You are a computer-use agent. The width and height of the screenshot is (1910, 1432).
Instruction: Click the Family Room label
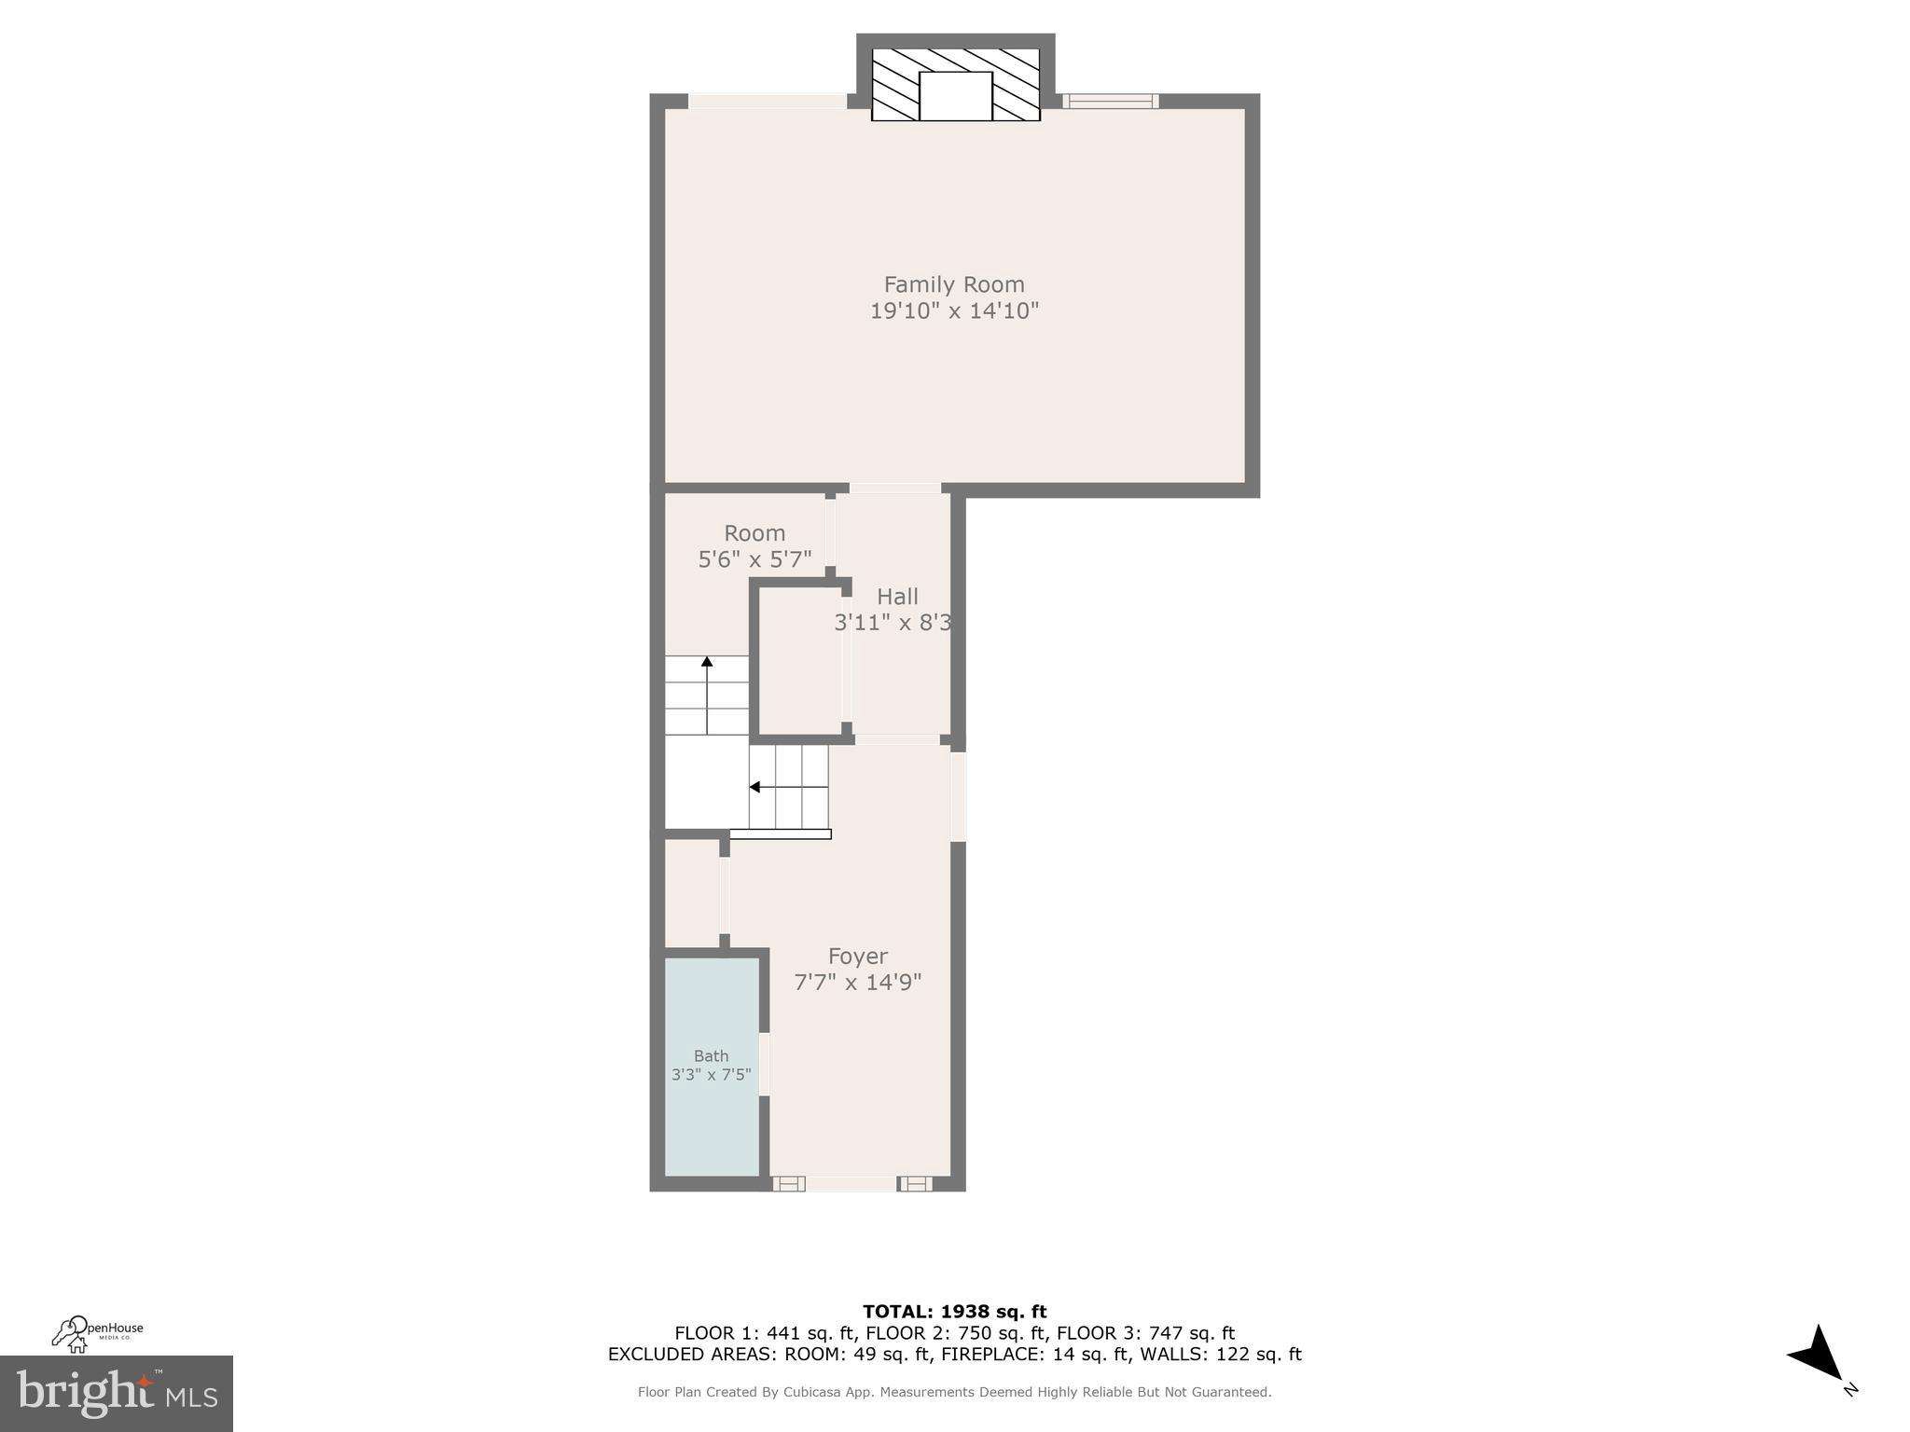pyautogui.click(x=953, y=284)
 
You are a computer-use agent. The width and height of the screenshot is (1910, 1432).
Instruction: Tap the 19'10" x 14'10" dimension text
pyautogui.click(x=953, y=311)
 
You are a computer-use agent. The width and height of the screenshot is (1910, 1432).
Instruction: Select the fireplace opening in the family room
pyautogui.click(x=955, y=95)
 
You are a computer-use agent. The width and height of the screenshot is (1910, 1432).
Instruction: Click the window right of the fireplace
pyautogui.click(x=1110, y=102)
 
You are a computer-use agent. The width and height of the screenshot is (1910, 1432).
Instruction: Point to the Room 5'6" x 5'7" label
pyautogui.click(x=754, y=546)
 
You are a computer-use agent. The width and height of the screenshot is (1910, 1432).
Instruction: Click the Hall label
pyautogui.click(x=897, y=597)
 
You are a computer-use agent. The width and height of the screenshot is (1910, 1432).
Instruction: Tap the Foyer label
pyautogui.click(x=857, y=957)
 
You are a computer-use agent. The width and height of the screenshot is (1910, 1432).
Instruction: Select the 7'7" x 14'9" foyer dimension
pyautogui.click(x=857, y=983)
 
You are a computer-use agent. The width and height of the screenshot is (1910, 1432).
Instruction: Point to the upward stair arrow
pyautogui.click(x=707, y=663)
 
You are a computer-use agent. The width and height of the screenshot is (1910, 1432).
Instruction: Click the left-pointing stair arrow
pyautogui.click(x=755, y=788)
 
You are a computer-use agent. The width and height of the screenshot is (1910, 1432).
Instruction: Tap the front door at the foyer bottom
pyautogui.click(x=851, y=1184)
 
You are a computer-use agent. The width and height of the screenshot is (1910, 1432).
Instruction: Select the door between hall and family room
pyautogui.click(x=894, y=489)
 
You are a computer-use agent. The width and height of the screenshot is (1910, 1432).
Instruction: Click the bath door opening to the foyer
pyautogui.click(x=764, y=1064)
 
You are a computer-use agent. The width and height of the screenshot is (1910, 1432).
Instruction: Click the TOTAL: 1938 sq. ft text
pyautogui.click(x=954, y=1312)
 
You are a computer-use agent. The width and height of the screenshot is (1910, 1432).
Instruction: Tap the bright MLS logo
pyautogui.click(x=116, y=1393)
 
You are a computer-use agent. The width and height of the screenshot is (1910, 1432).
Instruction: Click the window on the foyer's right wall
pyautogui.click(x=958, y=796)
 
